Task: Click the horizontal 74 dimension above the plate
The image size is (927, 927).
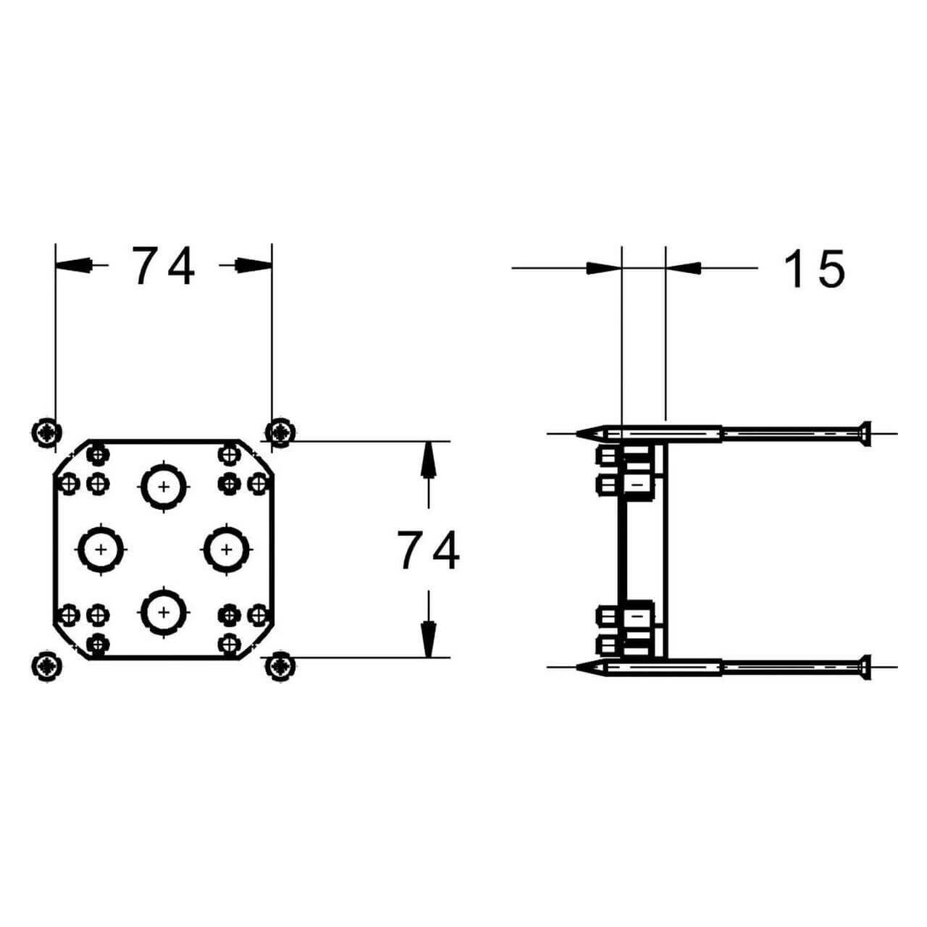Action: coord(163,266)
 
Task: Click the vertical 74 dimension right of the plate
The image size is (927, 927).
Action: coord(428,550)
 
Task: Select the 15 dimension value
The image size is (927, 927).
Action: coord(815,269)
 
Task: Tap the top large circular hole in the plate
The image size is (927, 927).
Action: coord(164,487)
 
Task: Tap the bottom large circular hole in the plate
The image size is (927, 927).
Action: coord(164,612)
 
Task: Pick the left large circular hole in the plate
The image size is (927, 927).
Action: coord(101,550)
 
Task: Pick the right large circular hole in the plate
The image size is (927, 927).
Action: coord(227,550)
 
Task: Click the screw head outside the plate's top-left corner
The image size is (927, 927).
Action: coord(46,432)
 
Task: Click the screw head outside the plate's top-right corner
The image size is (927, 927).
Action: coord(280,432)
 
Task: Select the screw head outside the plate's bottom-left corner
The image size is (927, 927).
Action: coord(46,665)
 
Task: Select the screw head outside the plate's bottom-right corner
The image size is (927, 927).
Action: coord(280,665)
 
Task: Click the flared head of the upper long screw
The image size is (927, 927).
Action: coord(863,434)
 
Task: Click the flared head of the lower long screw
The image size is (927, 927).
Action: coord(863,666)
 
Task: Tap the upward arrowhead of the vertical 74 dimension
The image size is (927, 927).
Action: coord(429,456)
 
